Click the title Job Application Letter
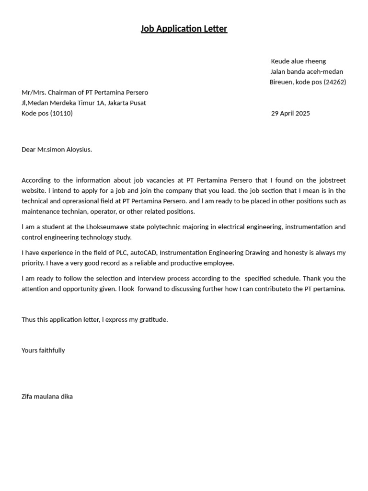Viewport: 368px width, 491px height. pyautogui.click(x=184, y=29)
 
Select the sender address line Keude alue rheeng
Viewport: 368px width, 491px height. pyautogui.click(x=298, y=61)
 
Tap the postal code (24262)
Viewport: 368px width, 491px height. pyautogui.click(x=335, y=82)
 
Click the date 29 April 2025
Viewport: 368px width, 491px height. pyautogui.click(x=290, y=114)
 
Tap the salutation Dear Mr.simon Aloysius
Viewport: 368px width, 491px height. pyautogui.click(x=57, y=150)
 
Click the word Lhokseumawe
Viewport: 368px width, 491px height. pyautogui.click(x=107, y=227)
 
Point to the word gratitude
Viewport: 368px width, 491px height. pyautogui.click(x=153, y=320)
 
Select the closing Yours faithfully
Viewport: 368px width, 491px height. pyautogui.click(x=43, y=351)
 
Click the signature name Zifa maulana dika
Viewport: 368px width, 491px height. pyautogui.click(x=47, y=397)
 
